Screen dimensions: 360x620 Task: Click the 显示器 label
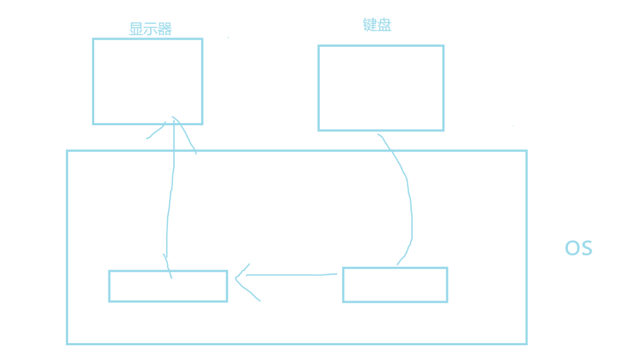click(x=150, y=29)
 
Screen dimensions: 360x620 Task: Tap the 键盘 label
click(x=377, y=25)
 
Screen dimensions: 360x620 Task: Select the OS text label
click(x=578, y=248)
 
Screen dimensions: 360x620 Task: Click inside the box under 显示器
click(x=148, y=81)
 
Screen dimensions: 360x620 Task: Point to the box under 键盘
click(x=381, y=88)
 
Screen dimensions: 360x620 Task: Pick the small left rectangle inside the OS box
click(x=168, y=286)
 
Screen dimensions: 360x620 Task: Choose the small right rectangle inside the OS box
click(x=395, y=285)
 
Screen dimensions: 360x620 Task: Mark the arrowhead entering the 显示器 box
click(x=173, y=121)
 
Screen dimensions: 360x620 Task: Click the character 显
click(x=136, y=29)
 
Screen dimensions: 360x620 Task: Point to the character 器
click(x=165, y=29)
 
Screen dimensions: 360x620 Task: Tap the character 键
click(x=370, y=25)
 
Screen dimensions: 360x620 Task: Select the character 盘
click(x=384, y=25)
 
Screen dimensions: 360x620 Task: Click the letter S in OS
click(x=586, y=248)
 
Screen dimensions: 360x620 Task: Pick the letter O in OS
click(x=572, y=248)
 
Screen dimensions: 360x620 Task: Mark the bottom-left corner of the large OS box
click(x=68, y=344)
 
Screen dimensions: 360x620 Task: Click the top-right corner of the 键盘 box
click(x=443, y=46)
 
